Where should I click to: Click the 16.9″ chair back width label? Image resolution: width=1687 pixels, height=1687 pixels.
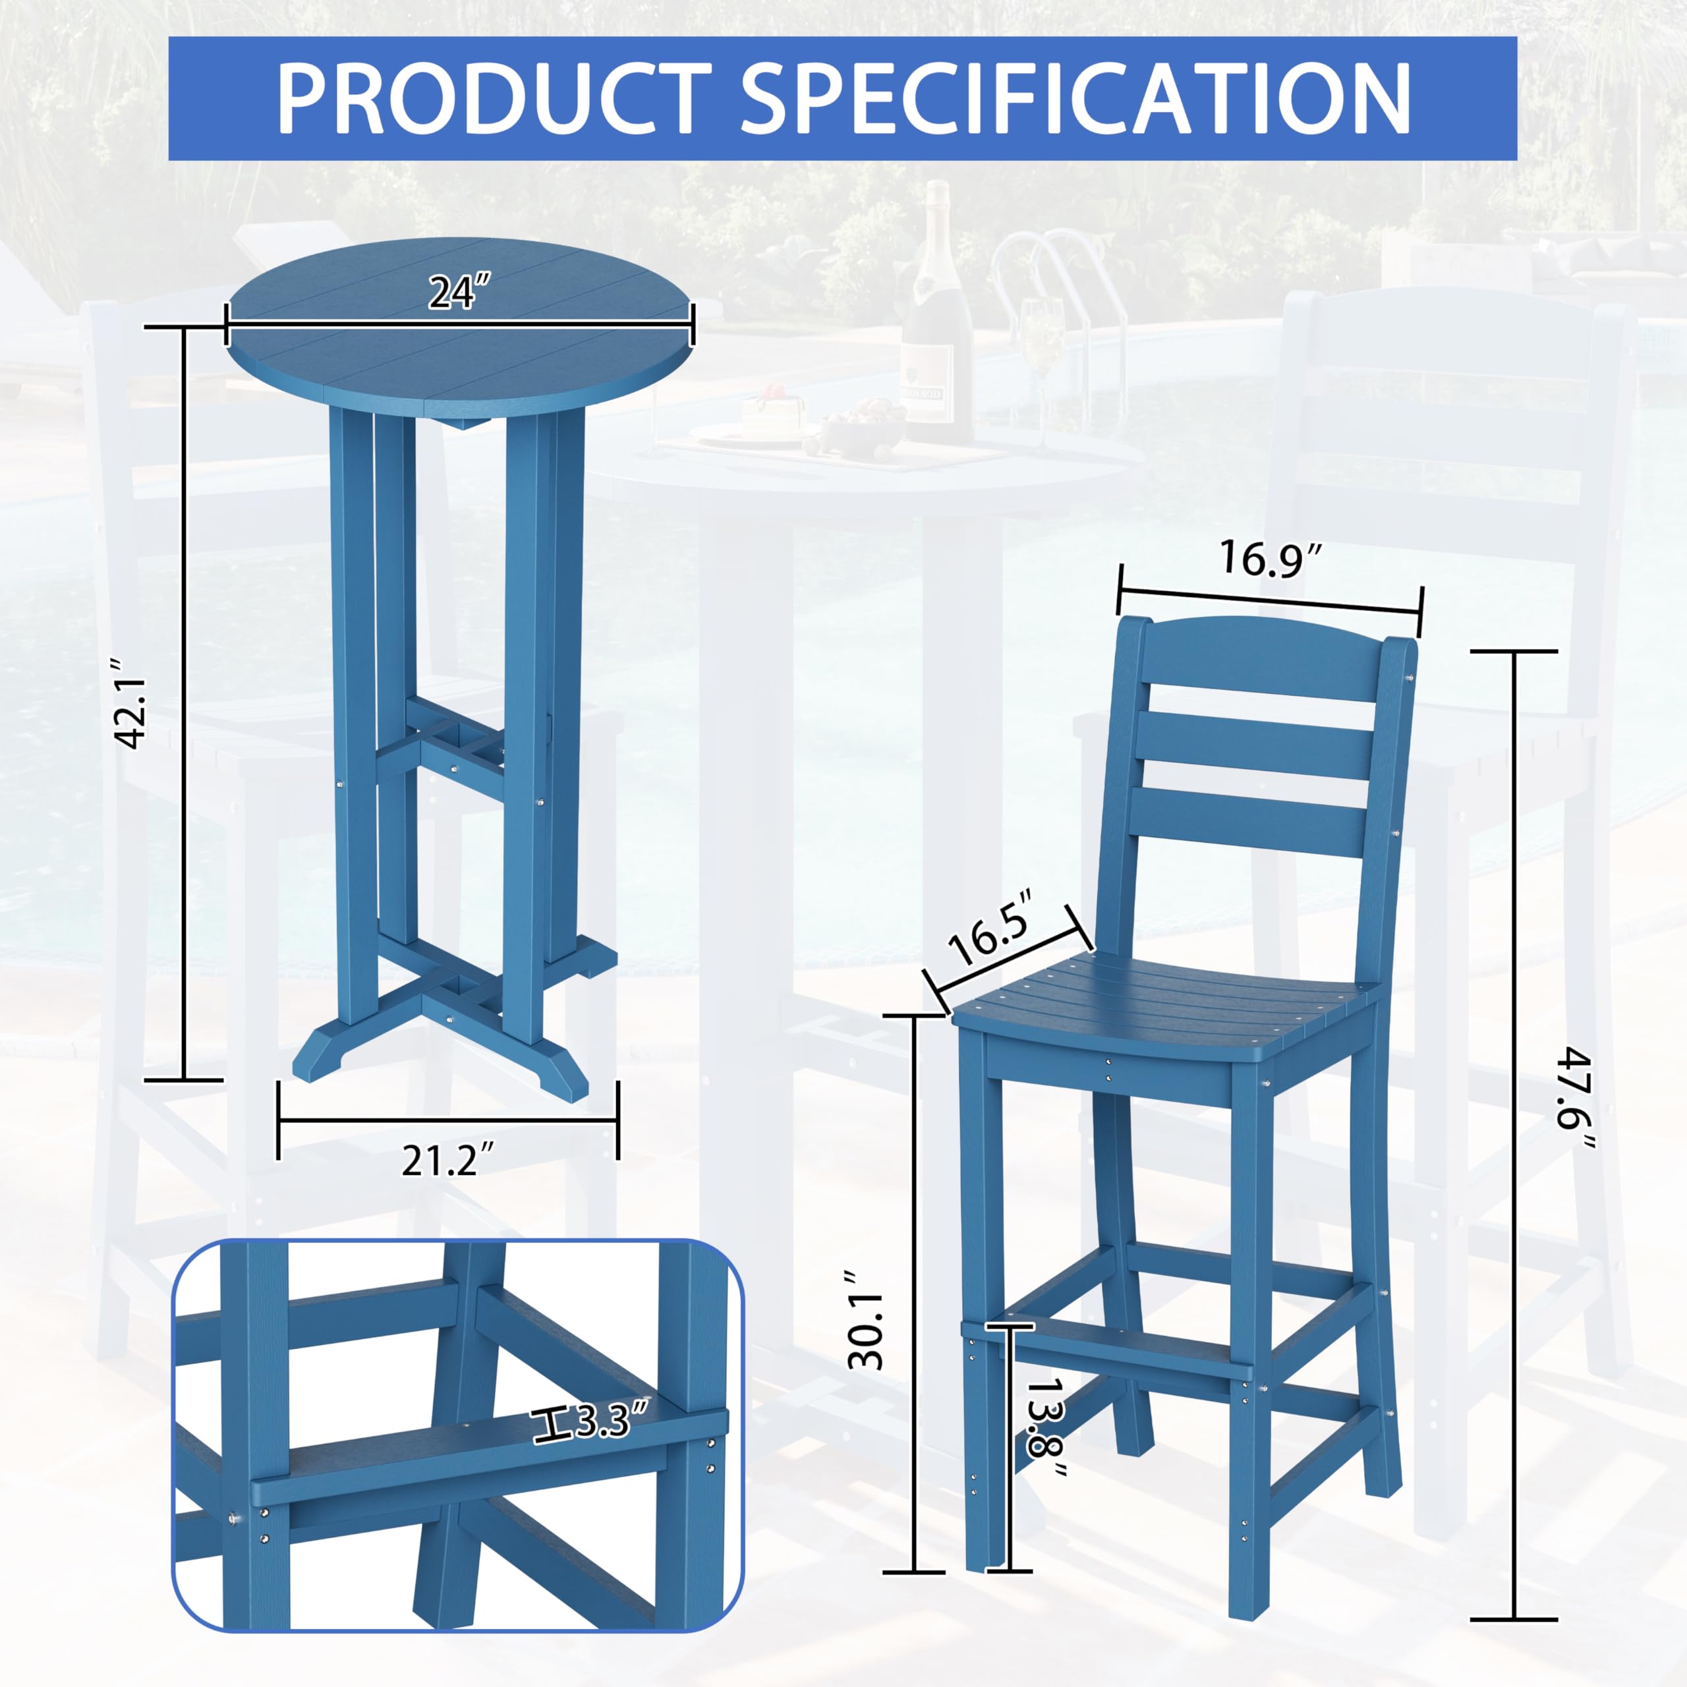(x=1271, y=559)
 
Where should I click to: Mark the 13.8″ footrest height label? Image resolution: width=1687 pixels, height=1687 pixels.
(x=1046, y=1429)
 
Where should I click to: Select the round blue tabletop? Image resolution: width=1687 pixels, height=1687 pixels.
(x=460, y=332)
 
